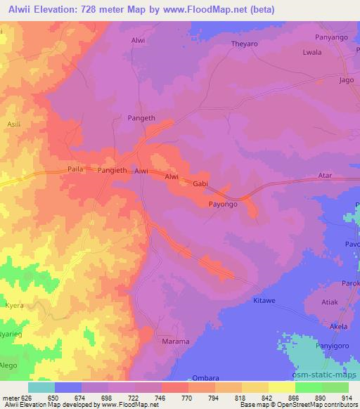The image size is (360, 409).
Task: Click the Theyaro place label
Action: coord(246,44)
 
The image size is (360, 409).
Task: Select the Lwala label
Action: coord(311,52)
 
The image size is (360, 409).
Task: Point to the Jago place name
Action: coord(346,80)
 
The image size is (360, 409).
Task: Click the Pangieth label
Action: coord(112,171)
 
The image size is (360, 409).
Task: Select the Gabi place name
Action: coord(201,183)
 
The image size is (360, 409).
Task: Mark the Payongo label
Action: coord(223,204)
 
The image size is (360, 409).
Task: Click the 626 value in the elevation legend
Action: coord(26,398)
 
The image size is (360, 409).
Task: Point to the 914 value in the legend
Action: coord(347,398)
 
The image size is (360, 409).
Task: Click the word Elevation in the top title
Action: coord(59,10)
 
